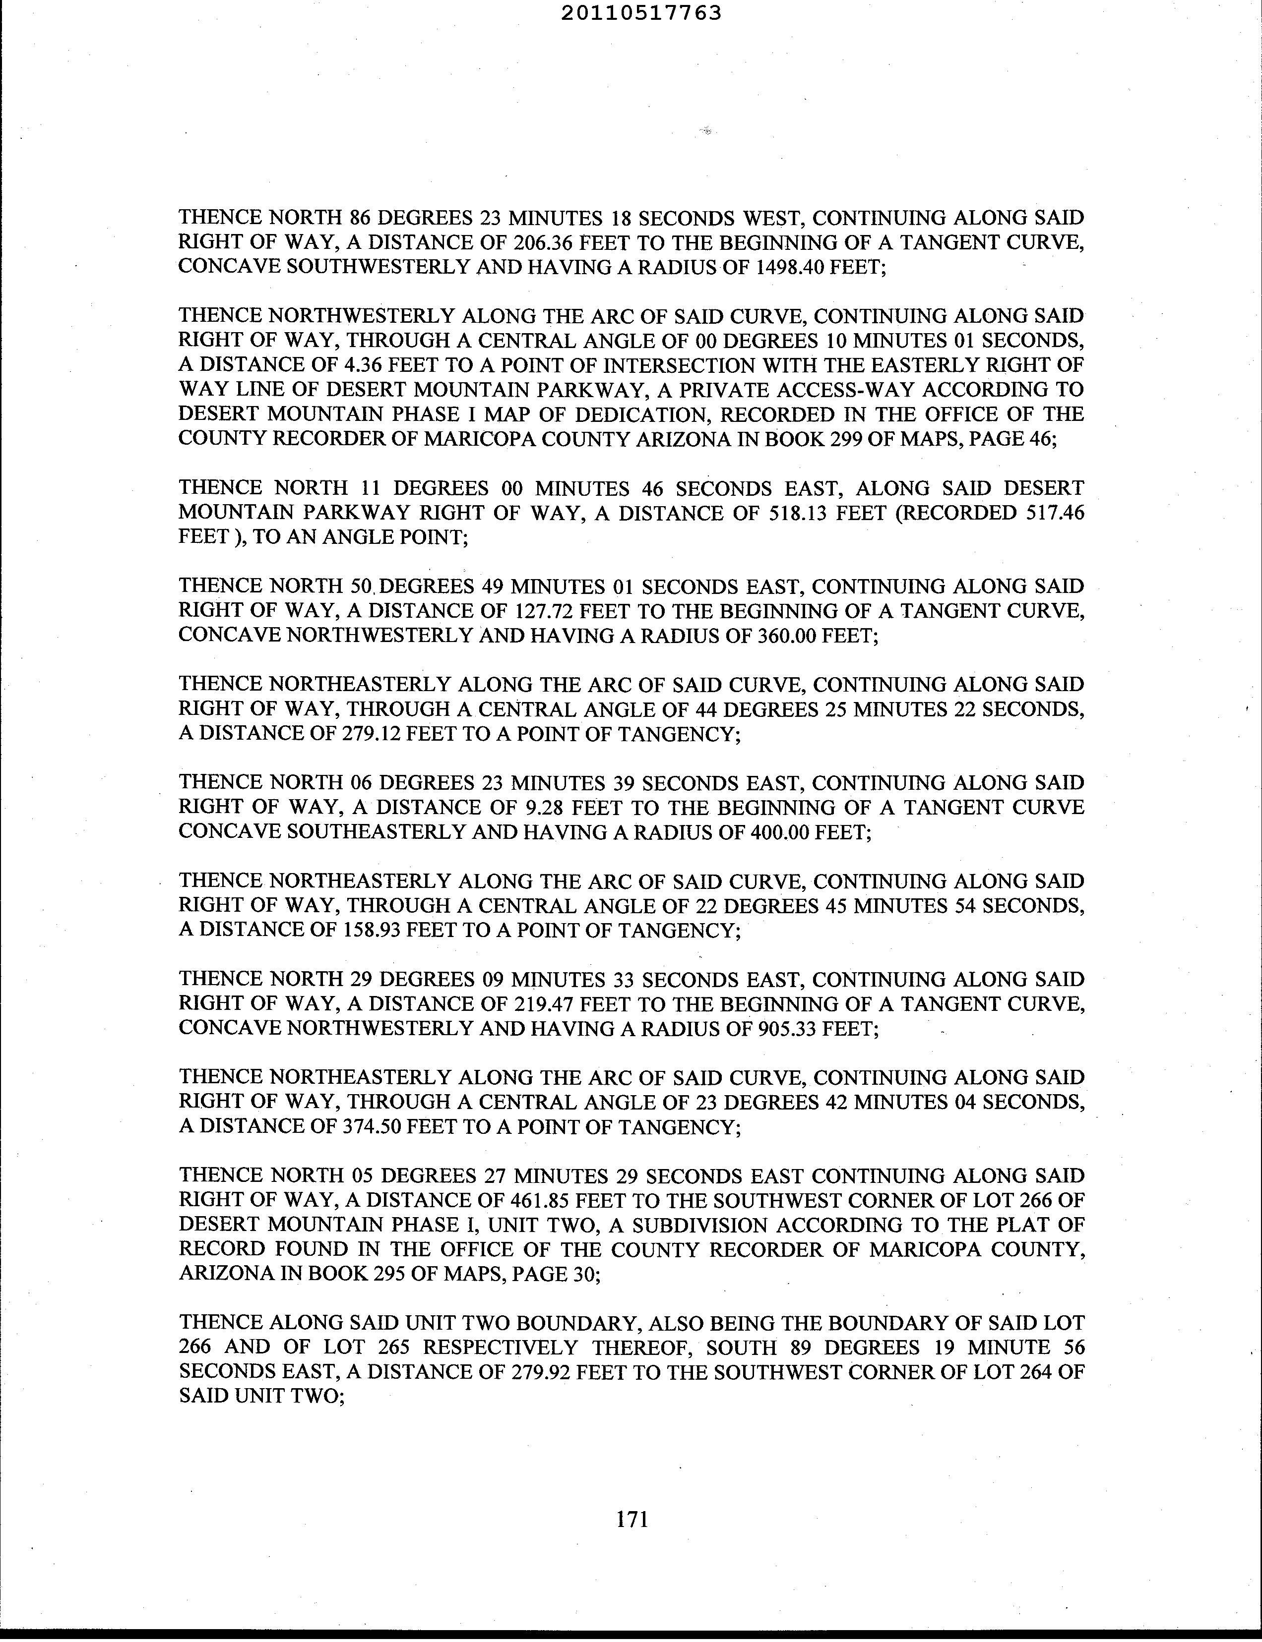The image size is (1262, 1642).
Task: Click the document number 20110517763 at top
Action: [641, 13]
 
